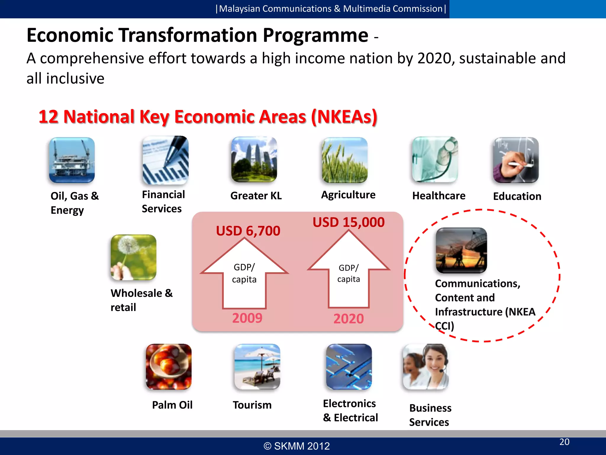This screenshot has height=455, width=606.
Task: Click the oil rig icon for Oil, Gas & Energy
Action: pos(72,160)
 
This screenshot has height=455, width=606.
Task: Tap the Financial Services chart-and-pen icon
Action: pos(165,160)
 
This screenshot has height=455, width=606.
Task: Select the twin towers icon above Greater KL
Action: pos(254,159)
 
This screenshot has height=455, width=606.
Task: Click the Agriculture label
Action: pos(348,195)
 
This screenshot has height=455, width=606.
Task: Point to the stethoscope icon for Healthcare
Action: pos(435,159)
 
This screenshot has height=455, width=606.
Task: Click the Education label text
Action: pos(517,196)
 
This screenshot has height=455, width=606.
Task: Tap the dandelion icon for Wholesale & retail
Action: pos(133,257)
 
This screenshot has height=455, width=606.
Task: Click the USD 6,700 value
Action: pos(248,231)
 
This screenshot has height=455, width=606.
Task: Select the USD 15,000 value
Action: pos(349,222)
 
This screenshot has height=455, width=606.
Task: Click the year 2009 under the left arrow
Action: pos(247,318)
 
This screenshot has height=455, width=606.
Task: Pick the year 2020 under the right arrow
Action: pos(349,318)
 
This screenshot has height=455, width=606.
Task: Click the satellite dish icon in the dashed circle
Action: pos(461,250)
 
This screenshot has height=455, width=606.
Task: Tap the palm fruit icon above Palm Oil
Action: pos(169,367)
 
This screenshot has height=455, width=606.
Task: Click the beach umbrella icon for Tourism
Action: pos(257,367)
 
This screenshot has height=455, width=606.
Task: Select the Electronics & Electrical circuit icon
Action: pos(349,367)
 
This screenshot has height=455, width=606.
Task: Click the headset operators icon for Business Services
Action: pos(426,367)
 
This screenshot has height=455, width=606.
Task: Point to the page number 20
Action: pos(564,442)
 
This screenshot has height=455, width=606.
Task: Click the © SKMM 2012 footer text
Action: pos(296,446)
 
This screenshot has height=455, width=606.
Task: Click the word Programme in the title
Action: pos(315,35)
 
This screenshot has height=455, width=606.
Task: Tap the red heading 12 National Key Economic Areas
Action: pos(208,116)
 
